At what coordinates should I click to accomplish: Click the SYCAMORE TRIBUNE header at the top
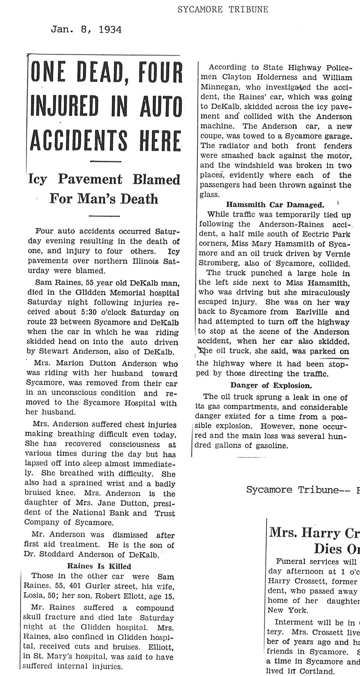point(223,9)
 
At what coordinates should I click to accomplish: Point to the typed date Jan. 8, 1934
point(86,30)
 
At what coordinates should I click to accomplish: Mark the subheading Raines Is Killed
point(99,566)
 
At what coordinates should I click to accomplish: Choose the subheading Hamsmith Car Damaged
point(275,204)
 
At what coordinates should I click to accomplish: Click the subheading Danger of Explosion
point(271,385)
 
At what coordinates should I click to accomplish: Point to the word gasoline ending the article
point(272,446)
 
